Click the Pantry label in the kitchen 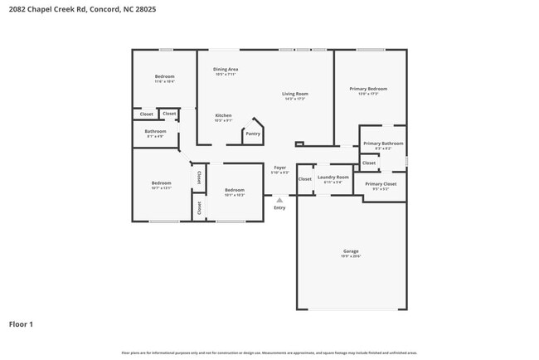coord(253,134)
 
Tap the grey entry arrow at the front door coord(279,200)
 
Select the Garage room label coord(351,251)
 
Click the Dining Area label coord(226,69)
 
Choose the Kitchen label coord(223,115)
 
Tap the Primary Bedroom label coord(368,88)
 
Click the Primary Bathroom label coord(383,144)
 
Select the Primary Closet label coord(381,183)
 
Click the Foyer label coord(280,168)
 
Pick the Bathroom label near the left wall coord(155,131)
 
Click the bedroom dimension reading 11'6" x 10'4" coord(164,81)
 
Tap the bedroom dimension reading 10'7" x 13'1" coord(161,188)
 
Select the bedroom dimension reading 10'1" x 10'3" coord(235,195)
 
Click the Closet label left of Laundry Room coord(305,178)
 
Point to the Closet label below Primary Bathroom coord(368,163)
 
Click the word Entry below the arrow coord(279,207)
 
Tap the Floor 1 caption coord(21,324)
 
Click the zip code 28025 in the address coord(145,9)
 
